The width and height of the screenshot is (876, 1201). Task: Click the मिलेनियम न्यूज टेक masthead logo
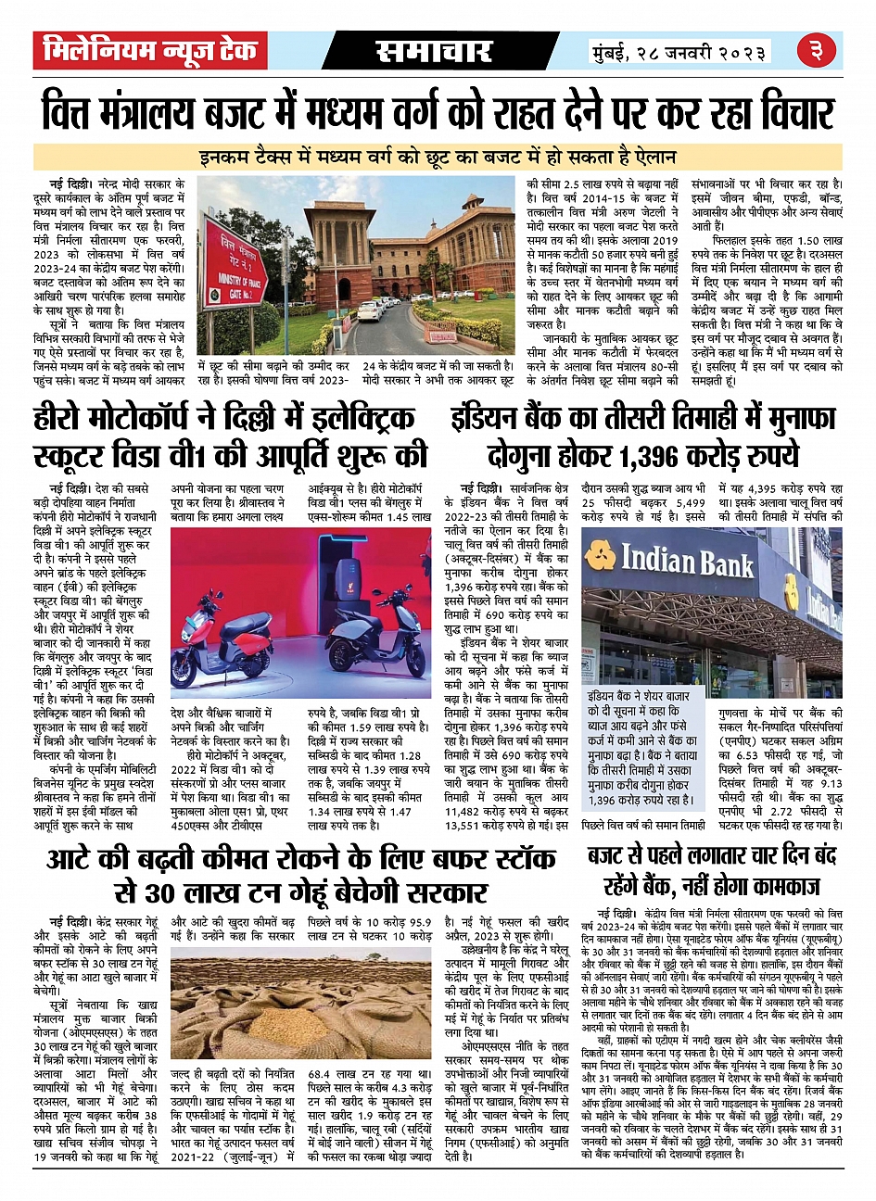[149, 52]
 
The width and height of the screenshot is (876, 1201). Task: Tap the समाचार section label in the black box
[434, 53]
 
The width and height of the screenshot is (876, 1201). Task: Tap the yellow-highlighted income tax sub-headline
[438, 157]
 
